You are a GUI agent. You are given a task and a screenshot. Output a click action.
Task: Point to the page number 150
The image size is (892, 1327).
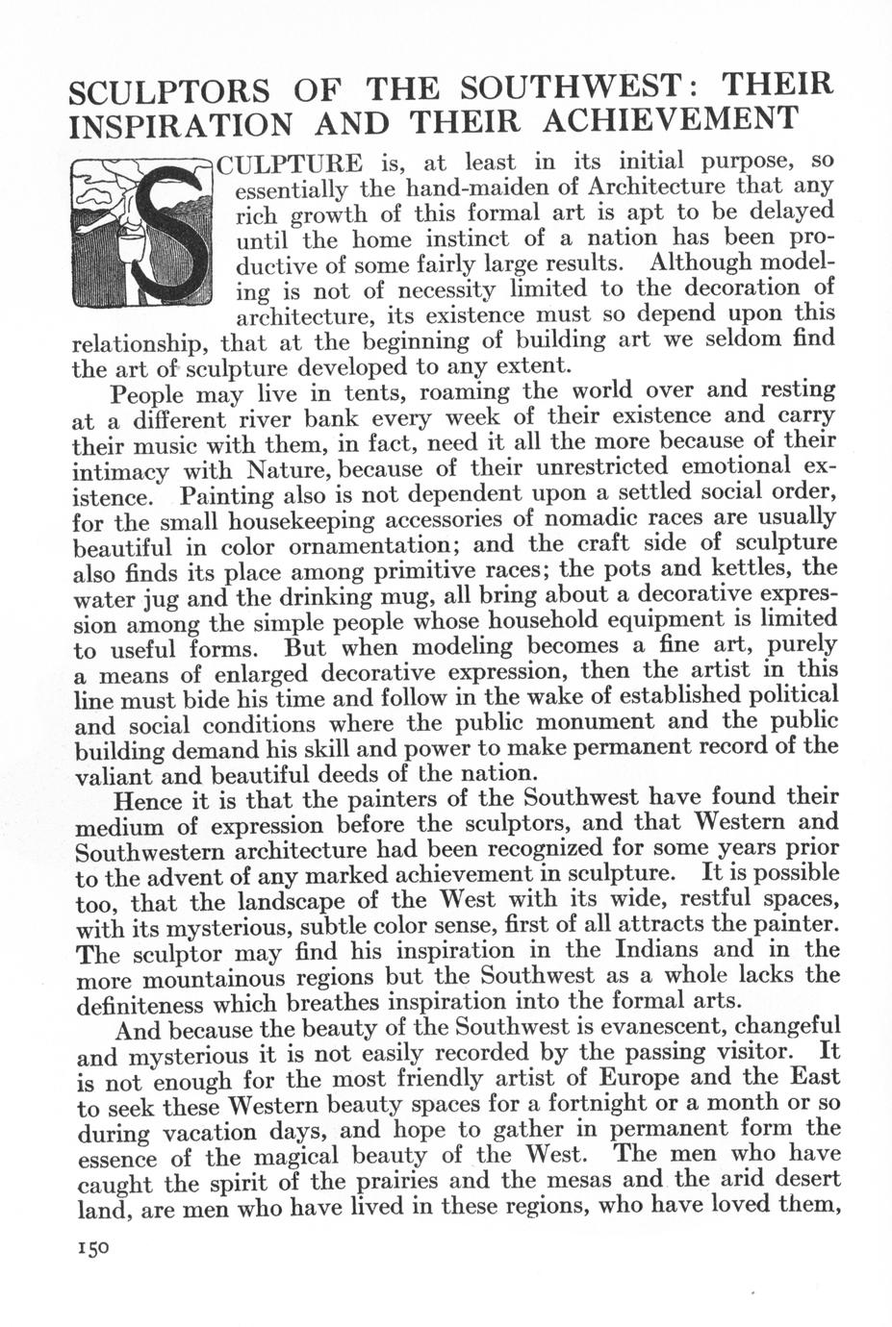(x=91, y=1247)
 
